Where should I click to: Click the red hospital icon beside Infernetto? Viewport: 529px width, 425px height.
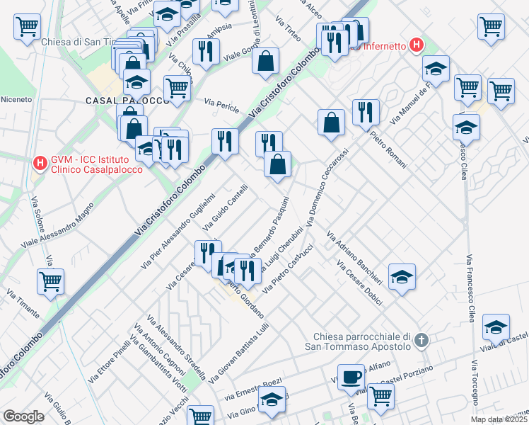(417, 46)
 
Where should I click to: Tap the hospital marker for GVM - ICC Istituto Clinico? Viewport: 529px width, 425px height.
(40, 164)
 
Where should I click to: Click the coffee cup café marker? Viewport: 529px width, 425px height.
(350, 376)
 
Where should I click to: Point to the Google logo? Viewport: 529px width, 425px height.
(23, 416)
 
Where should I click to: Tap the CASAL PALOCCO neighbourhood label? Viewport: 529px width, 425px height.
(127, 101)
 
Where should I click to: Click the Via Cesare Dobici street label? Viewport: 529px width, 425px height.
(360, 283)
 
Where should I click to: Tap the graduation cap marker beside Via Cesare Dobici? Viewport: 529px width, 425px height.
(402, 277)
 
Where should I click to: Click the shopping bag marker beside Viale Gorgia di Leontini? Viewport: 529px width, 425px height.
(265, 62)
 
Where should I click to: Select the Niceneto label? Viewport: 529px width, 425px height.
(16, 99)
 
